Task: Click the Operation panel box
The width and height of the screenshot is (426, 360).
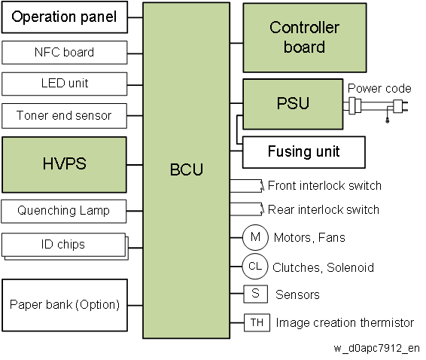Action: (x=65, y=17)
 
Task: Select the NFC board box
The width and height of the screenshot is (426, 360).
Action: (x=65, y=53)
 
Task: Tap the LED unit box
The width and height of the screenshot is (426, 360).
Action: (x=65, y=84)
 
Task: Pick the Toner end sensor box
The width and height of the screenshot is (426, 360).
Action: (x=64, y=115)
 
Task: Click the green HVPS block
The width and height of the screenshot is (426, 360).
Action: (x=64, y=165)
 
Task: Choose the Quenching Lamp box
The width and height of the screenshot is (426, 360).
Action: (x=64, y=212)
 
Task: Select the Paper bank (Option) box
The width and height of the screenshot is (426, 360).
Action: (x=65, y=305)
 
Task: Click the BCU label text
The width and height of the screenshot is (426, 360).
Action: (x=187, y=169)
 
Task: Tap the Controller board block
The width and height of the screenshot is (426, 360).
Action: (x=305, y=38)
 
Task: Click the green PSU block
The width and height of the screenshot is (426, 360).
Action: (x=293, y=104)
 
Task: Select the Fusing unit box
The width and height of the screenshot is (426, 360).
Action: (x=304, y=152)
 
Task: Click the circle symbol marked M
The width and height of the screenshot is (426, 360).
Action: (x=255, y=237)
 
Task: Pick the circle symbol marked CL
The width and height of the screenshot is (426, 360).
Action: (x=255, y=266)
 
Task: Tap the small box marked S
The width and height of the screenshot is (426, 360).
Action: (x=255, y=294)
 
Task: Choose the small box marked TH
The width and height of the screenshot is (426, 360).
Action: (x=257, y=323)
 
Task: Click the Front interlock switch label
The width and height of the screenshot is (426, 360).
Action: (x=324, y=186)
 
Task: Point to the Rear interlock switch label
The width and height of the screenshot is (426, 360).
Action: (x=324, y=209)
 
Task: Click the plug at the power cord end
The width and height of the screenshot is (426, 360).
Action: (x=400, y=105)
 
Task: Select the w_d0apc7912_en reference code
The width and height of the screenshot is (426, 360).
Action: (x=376, y=348)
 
